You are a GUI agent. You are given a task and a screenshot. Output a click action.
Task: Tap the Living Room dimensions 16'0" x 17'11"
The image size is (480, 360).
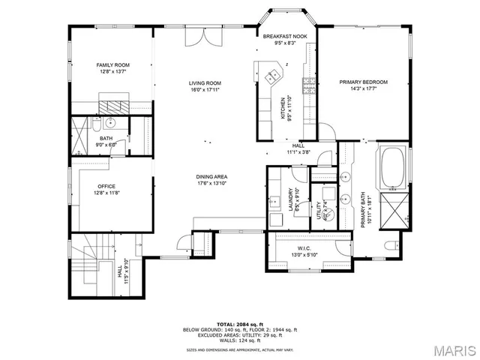click(x=204, y=89)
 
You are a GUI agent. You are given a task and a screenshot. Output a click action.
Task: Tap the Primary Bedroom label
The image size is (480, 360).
click(x=363, y=81)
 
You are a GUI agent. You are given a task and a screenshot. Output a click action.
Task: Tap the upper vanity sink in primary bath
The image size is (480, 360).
click(x=346, y=178)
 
